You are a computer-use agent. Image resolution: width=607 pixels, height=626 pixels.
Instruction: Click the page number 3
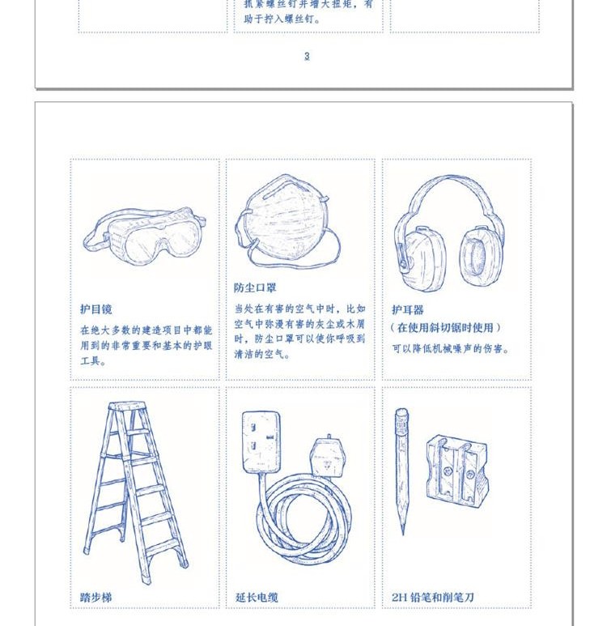pyautogui.click(x=307, y=57)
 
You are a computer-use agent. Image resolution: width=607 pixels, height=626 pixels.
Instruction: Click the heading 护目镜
pyautogui.click(x=96, y=309)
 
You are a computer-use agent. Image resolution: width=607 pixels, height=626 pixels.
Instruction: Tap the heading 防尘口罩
pyautogui.click(x=255, y=287)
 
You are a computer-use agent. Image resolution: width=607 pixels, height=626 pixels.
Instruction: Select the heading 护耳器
pyautogui.click(x=407, y=309)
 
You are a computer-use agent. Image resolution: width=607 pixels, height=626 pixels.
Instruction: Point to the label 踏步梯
pyautogui.click(x=96, y=597)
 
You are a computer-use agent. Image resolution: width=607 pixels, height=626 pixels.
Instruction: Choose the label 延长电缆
pyautogui.click(x=257, y=597)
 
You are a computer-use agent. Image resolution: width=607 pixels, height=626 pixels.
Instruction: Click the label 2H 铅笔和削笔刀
pyautogui.click(x=433, y=597)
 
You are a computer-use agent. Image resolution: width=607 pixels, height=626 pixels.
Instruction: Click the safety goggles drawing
pyautogui.click(x=145, y=236)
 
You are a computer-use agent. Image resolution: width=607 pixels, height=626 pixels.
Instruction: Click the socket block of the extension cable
pyautogui.click(x=261, y=441)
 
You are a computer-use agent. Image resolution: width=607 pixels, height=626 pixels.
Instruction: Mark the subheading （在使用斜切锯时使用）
pyautogui.click(x=445, y=328)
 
